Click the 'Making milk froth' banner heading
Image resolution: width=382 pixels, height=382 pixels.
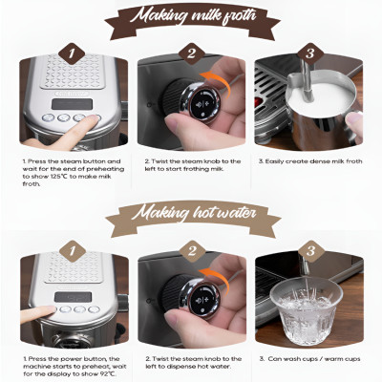click(190, 16)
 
